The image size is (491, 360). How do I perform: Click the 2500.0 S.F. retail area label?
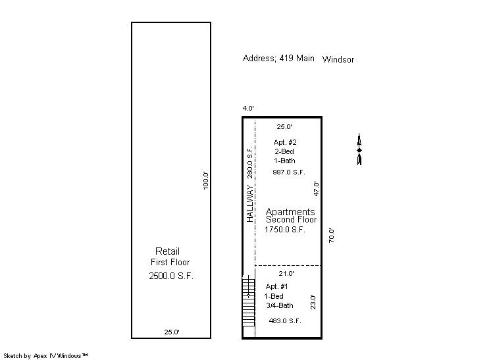click(171, 276)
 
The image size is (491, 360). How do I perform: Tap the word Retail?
click(168, 251)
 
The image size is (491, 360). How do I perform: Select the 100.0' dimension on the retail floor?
click(205, 180)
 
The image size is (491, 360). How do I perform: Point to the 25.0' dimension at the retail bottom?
click(172, 332)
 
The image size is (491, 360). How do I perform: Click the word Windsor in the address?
click(338, 59)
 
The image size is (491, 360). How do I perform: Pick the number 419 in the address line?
click(286, 58)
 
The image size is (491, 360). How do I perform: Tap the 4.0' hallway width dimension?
click(248, 108)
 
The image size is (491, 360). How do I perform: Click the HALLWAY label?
click(249, 203)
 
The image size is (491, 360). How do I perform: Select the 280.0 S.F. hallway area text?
click(249, 161)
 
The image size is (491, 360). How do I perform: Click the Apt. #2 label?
click(285, 142)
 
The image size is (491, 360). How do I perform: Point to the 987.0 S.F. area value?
click(289, 172)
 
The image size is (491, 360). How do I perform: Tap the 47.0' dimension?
click(317, 189)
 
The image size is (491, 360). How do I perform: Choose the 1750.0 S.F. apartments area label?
click(284, 229)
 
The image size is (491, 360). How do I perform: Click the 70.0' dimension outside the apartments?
click(331, 236)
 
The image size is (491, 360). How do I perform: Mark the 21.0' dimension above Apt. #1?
click(286, 273)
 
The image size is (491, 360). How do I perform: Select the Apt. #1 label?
click(276, 286)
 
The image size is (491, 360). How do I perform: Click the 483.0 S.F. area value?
click(285, 321)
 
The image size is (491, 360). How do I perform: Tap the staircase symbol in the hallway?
click(249, 301)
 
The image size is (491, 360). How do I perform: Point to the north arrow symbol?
click(359, 149)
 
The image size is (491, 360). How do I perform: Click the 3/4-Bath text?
click(280, 305)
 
